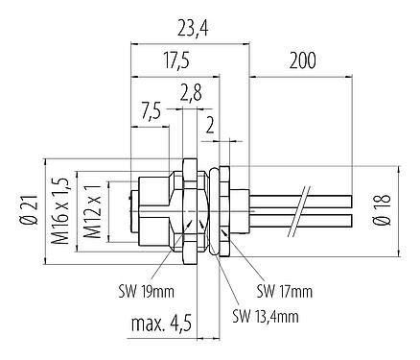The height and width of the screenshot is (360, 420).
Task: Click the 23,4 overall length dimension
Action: (x=190, y=29)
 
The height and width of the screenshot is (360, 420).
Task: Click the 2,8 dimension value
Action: (x=190, y=91)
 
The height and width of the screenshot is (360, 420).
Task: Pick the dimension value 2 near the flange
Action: (x=210, y=124)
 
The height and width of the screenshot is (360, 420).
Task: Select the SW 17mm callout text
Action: (x=283, y=289)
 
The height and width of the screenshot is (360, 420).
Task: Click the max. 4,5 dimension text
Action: (x=161, y=327)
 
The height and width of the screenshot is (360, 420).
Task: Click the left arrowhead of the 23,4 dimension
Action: (x=133, y=44)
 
